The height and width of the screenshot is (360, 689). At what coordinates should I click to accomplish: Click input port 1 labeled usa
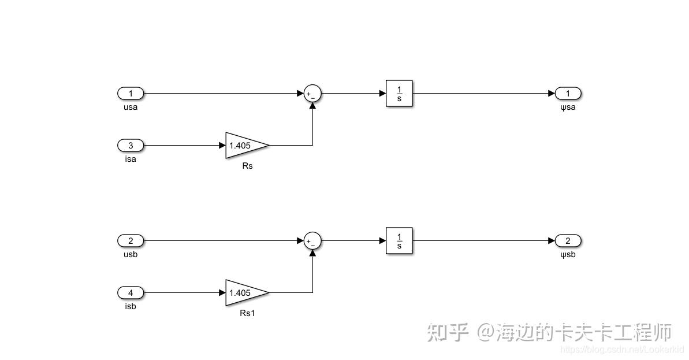131,94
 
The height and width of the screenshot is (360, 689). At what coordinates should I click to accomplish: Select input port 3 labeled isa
131,146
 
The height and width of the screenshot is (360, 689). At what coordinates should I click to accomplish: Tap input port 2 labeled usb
131,241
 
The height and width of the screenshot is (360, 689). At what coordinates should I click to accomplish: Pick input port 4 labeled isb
131,293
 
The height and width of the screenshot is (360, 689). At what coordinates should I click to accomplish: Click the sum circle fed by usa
312,94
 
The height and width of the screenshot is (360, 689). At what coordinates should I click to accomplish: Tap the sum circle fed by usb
312,241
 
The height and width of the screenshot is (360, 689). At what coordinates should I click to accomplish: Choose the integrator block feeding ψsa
399,94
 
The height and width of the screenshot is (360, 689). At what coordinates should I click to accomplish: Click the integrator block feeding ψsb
399,241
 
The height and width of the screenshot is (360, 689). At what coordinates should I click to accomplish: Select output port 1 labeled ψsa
568,94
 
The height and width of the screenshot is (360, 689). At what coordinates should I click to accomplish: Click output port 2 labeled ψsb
568,241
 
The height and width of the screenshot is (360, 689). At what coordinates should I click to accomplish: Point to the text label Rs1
247,314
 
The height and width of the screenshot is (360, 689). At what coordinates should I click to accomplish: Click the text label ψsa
568,107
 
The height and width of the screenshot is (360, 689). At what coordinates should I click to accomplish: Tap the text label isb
131,307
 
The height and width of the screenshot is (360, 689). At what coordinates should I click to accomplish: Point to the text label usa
131,107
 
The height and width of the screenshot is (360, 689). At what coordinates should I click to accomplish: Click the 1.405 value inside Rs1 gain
240,293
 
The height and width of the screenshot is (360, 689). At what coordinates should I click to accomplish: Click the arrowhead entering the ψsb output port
552,241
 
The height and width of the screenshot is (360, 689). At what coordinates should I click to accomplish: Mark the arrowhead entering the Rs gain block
222,146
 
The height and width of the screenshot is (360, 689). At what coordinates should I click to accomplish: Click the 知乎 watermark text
447,332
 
